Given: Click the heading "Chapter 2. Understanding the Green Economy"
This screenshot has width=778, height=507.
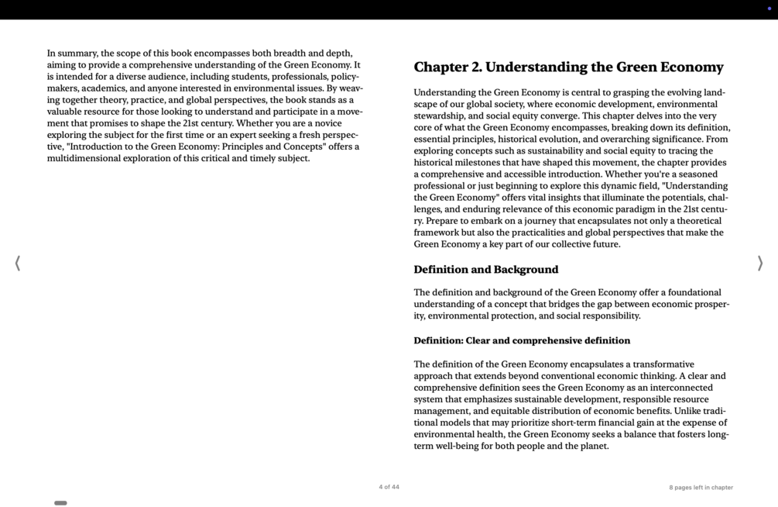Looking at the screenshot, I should point(568,67).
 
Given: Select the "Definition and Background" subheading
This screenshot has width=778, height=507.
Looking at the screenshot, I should point(485,270).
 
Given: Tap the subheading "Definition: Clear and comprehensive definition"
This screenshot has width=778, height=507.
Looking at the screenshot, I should point(521,340).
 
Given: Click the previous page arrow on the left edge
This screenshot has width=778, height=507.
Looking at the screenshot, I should point(18,264).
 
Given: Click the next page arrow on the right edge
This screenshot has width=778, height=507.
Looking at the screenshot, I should point(759,264).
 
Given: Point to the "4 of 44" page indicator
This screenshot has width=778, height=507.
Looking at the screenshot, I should point(389,487).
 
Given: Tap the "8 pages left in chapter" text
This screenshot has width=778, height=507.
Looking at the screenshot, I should point(701,488).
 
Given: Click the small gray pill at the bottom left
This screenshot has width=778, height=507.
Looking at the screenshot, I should point(60,503).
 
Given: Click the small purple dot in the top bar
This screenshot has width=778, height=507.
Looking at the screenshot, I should point(769,9).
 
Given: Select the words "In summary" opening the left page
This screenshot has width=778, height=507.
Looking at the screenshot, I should point(72,53).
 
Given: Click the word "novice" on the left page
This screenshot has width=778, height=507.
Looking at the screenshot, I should point(327,123).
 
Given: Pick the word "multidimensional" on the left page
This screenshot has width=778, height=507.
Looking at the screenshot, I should point(84,158).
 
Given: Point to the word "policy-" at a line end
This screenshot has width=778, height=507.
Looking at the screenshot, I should point(344,77).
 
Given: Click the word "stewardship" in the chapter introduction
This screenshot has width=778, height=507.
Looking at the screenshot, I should point(440,116).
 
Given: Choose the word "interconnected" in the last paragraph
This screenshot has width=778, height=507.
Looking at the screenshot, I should point(677,388).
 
